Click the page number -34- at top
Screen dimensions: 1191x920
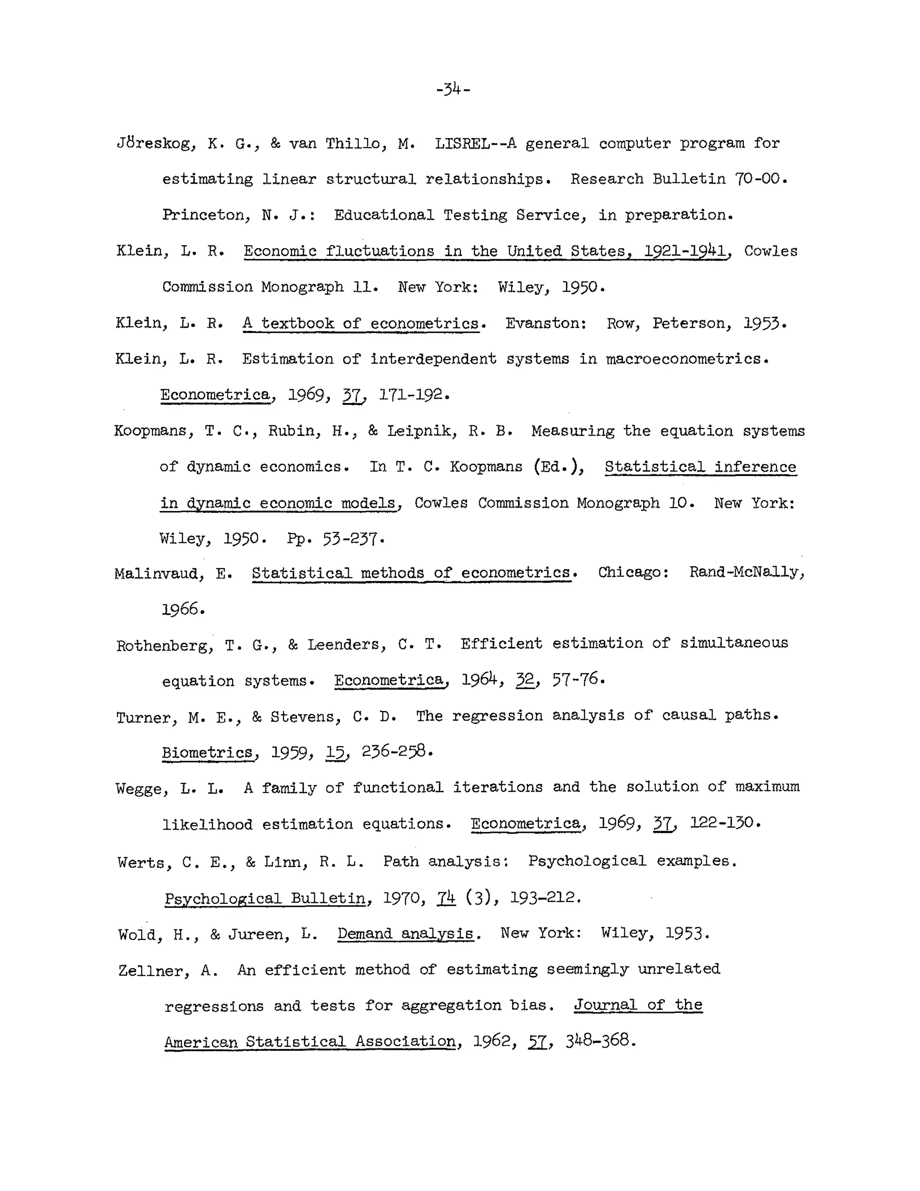(x=453, y=89)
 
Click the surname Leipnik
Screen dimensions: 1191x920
(x=419, y=431)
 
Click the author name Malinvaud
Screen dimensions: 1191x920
(x=155, y=573)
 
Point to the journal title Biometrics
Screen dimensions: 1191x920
(x=207, y=752)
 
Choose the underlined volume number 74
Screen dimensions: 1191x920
(x=446, y=897)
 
